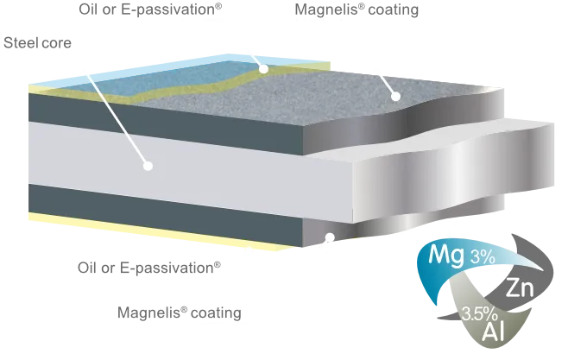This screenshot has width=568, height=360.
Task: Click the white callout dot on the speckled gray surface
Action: [x=395, y=96]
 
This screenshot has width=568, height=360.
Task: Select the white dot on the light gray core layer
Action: [x=148, y=164]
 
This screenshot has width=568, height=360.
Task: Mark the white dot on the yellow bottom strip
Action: [x=250, y=252]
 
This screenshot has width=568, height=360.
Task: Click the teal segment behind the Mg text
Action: [x=432, y=272]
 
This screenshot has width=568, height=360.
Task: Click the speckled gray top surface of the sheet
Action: [x=328, y=95]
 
